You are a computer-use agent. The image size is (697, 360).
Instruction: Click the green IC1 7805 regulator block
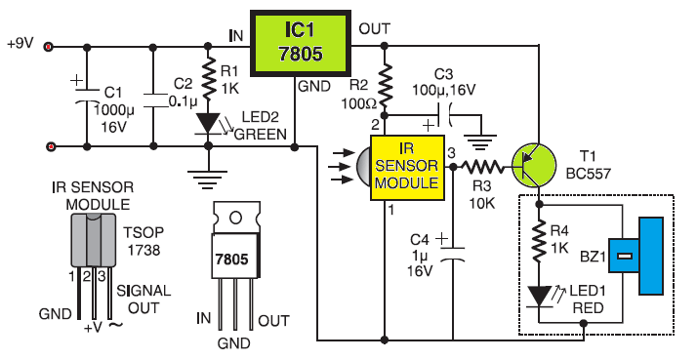click(x=302, y=45)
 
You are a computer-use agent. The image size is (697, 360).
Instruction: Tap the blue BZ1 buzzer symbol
click(x=634, y=258)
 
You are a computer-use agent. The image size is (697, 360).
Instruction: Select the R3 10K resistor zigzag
click(x=480, y=166)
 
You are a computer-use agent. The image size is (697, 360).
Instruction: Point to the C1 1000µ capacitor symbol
click(x=85, y=98)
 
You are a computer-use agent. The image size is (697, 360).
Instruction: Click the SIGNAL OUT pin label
click(x=144, y=300)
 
